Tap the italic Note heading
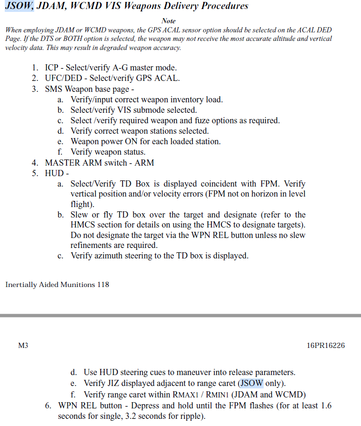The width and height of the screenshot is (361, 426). click(169, 21)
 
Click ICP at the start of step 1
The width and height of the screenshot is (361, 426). click(51, 68)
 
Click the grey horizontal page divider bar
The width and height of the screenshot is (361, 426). click(180, 316)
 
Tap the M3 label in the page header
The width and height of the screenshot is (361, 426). click(23, 346)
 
